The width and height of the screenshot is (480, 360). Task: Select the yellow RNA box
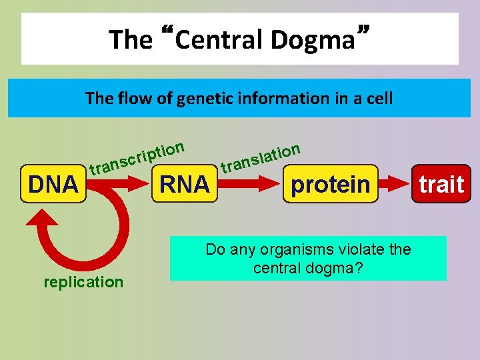tap(184, 183)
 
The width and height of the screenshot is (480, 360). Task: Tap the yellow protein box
tap(330, 183)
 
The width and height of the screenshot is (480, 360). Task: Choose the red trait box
tap(441, 183)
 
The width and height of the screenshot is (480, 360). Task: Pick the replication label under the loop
tap(83, 282)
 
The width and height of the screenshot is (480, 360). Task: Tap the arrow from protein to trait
tap(395, 183)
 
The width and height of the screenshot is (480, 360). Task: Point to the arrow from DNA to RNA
tap(120, 185)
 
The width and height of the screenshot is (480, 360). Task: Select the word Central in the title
tap(219, 39)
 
